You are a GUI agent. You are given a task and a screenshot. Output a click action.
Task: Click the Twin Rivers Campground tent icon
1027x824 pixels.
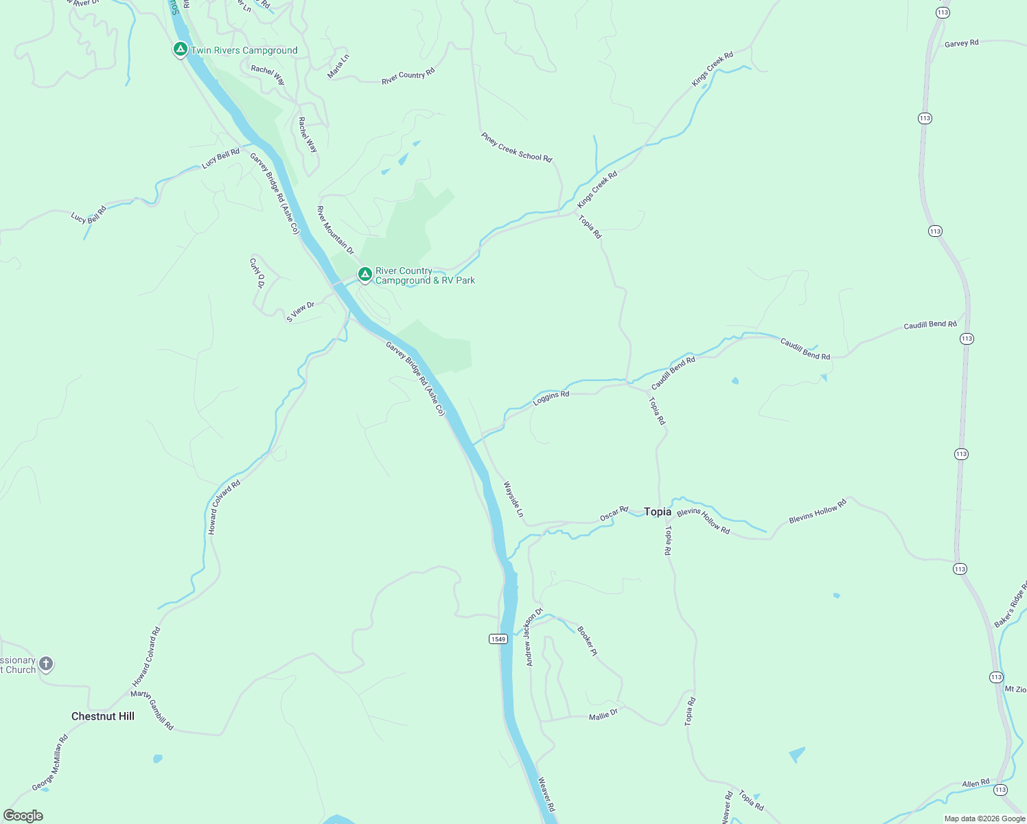[180, 49]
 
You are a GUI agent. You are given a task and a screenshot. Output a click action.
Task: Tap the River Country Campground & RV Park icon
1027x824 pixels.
[365, 275]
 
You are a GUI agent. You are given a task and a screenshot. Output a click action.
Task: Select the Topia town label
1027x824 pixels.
[658, 512]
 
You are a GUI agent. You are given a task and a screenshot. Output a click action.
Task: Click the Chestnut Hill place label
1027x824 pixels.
[103, 716]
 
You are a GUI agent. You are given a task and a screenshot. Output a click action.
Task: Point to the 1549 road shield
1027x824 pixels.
[498, 639]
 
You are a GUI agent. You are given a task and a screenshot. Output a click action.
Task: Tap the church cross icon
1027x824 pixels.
[46, 664]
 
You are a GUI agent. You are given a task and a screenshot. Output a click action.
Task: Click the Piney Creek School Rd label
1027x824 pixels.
[516, 147]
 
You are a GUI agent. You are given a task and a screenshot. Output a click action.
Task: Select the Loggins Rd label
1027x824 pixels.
[551, 397]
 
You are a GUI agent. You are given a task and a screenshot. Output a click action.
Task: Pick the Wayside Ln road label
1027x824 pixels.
[513, 499]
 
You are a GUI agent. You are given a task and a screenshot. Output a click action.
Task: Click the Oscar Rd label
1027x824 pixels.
[614, 513]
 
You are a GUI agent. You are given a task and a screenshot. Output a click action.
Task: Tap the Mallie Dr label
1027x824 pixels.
[603, 715]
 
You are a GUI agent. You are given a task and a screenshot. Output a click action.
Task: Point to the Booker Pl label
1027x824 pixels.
[588, 641]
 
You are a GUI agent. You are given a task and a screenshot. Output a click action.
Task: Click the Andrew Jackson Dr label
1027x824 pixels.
[534, 637]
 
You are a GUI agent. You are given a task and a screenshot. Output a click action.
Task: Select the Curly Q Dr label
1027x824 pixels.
[257, 273]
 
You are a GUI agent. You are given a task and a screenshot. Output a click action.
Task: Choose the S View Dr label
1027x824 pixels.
[300, 312]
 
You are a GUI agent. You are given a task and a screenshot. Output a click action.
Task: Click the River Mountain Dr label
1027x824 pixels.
[335, 230]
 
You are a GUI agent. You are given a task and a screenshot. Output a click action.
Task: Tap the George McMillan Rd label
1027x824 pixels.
[50, 763]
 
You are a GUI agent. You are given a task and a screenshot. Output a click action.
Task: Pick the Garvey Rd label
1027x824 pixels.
[961, 43]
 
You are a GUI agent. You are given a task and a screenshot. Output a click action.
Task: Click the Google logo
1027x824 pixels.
[23, 815]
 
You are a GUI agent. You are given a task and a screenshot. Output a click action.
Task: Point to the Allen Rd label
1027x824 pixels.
[976, 783]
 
